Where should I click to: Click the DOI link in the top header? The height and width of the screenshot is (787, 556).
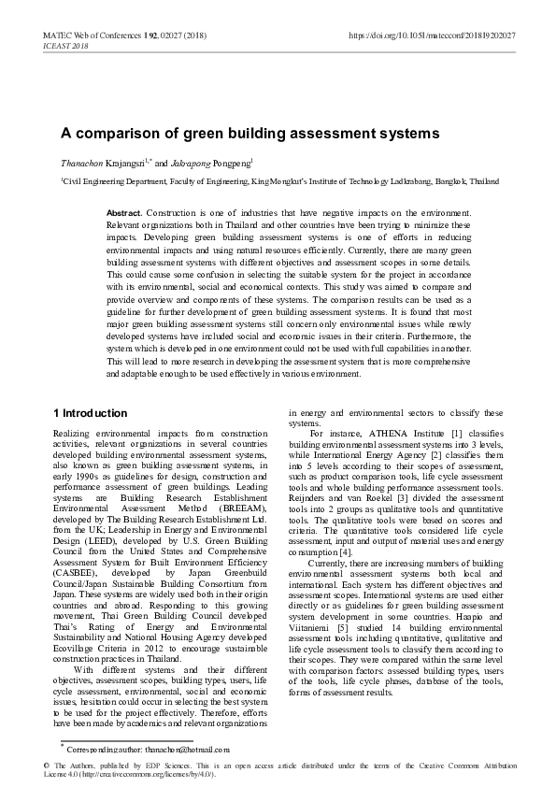(x=432, y=35)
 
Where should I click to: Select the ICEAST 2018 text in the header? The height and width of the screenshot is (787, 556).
(x=65, y=45)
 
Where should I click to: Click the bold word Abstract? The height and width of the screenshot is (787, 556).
(x=125, y=214)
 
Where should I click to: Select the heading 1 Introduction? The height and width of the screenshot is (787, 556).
(x=90, y=413)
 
